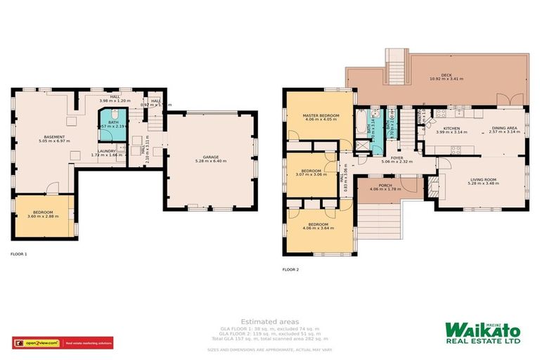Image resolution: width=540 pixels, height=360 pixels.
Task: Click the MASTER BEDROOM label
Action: coord(321,115)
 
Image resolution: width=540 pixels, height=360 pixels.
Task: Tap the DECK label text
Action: coord(446,74)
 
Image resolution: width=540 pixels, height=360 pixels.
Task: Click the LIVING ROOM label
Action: coord(483,179)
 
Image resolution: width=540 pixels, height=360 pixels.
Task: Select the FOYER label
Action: coord(397,157)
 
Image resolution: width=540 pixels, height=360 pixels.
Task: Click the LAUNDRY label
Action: coord(107,150)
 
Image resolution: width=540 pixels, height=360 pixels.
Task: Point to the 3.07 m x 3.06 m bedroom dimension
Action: coord(311,174)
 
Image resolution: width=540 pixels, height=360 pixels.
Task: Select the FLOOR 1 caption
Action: coord(18,254)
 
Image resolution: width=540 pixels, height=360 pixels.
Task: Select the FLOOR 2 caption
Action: coord(290,269)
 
